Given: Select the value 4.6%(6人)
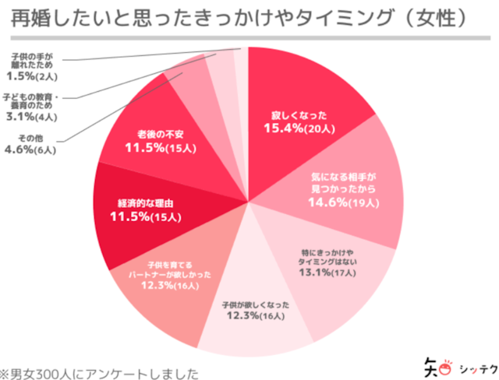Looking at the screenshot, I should click(x=30, y=151).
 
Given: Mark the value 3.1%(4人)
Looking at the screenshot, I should click(x=30, y=118).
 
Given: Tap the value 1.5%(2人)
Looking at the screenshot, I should click(x=30, y=77).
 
